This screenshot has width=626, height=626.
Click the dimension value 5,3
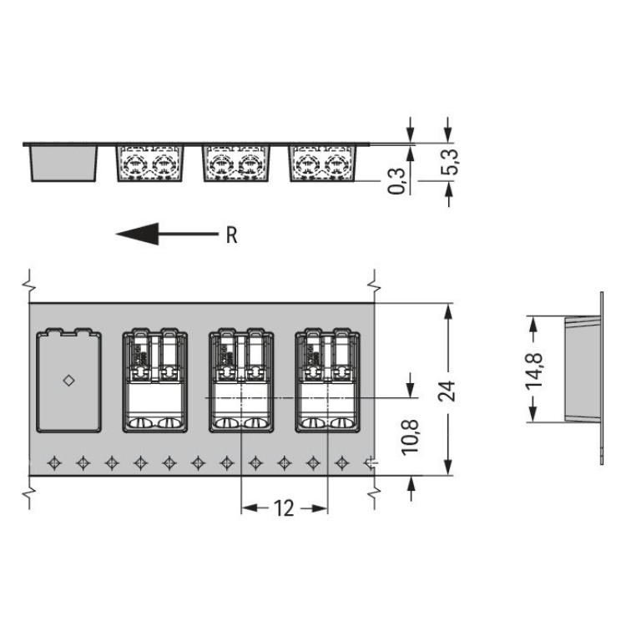[449, 162]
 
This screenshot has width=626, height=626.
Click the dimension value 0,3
[396, 181]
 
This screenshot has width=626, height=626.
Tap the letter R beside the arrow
[231, 235]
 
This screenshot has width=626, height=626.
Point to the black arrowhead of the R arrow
[137, 234]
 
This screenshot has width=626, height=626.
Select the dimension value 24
[447, 391]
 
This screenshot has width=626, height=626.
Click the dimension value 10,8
[411, 437]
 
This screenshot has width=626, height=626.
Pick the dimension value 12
[284, 508]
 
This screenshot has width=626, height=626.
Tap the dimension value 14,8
[534, 370]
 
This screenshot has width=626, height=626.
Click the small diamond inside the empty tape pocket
[68, 381]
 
